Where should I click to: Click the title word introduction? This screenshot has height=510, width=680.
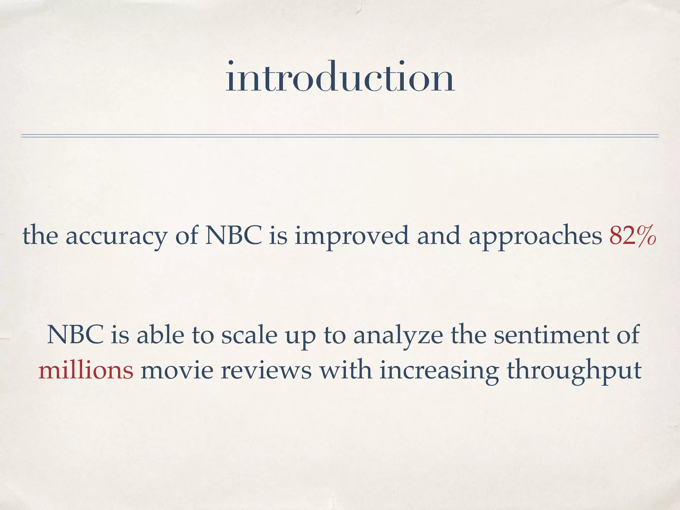click(340, 77)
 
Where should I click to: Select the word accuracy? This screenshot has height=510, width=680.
click(116, 236)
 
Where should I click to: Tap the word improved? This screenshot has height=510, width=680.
click(352, 236)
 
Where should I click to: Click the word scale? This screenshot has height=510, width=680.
click(249, 335)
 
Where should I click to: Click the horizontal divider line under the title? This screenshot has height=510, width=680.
click(340, 135)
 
